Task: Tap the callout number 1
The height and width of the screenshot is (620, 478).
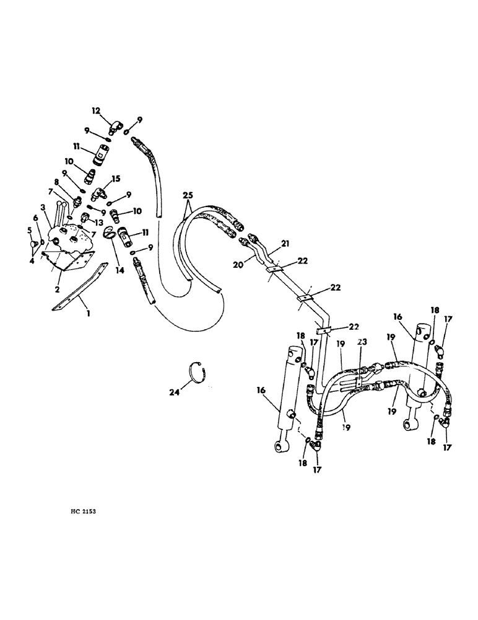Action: coord(89,314)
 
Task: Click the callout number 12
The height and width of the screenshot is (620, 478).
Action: coord(96,111)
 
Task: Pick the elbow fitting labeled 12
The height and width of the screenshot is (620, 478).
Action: coord(115,128)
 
